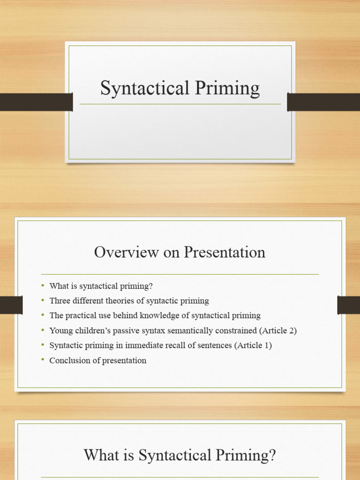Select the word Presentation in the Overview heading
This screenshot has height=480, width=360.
(224, 252)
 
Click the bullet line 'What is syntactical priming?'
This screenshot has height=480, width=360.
(101, 286)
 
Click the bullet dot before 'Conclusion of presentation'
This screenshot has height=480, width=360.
(43, 360)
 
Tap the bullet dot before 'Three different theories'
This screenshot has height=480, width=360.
(43, 300)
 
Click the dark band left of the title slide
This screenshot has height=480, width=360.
(36, 102)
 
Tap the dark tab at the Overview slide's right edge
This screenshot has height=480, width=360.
(348, 305)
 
